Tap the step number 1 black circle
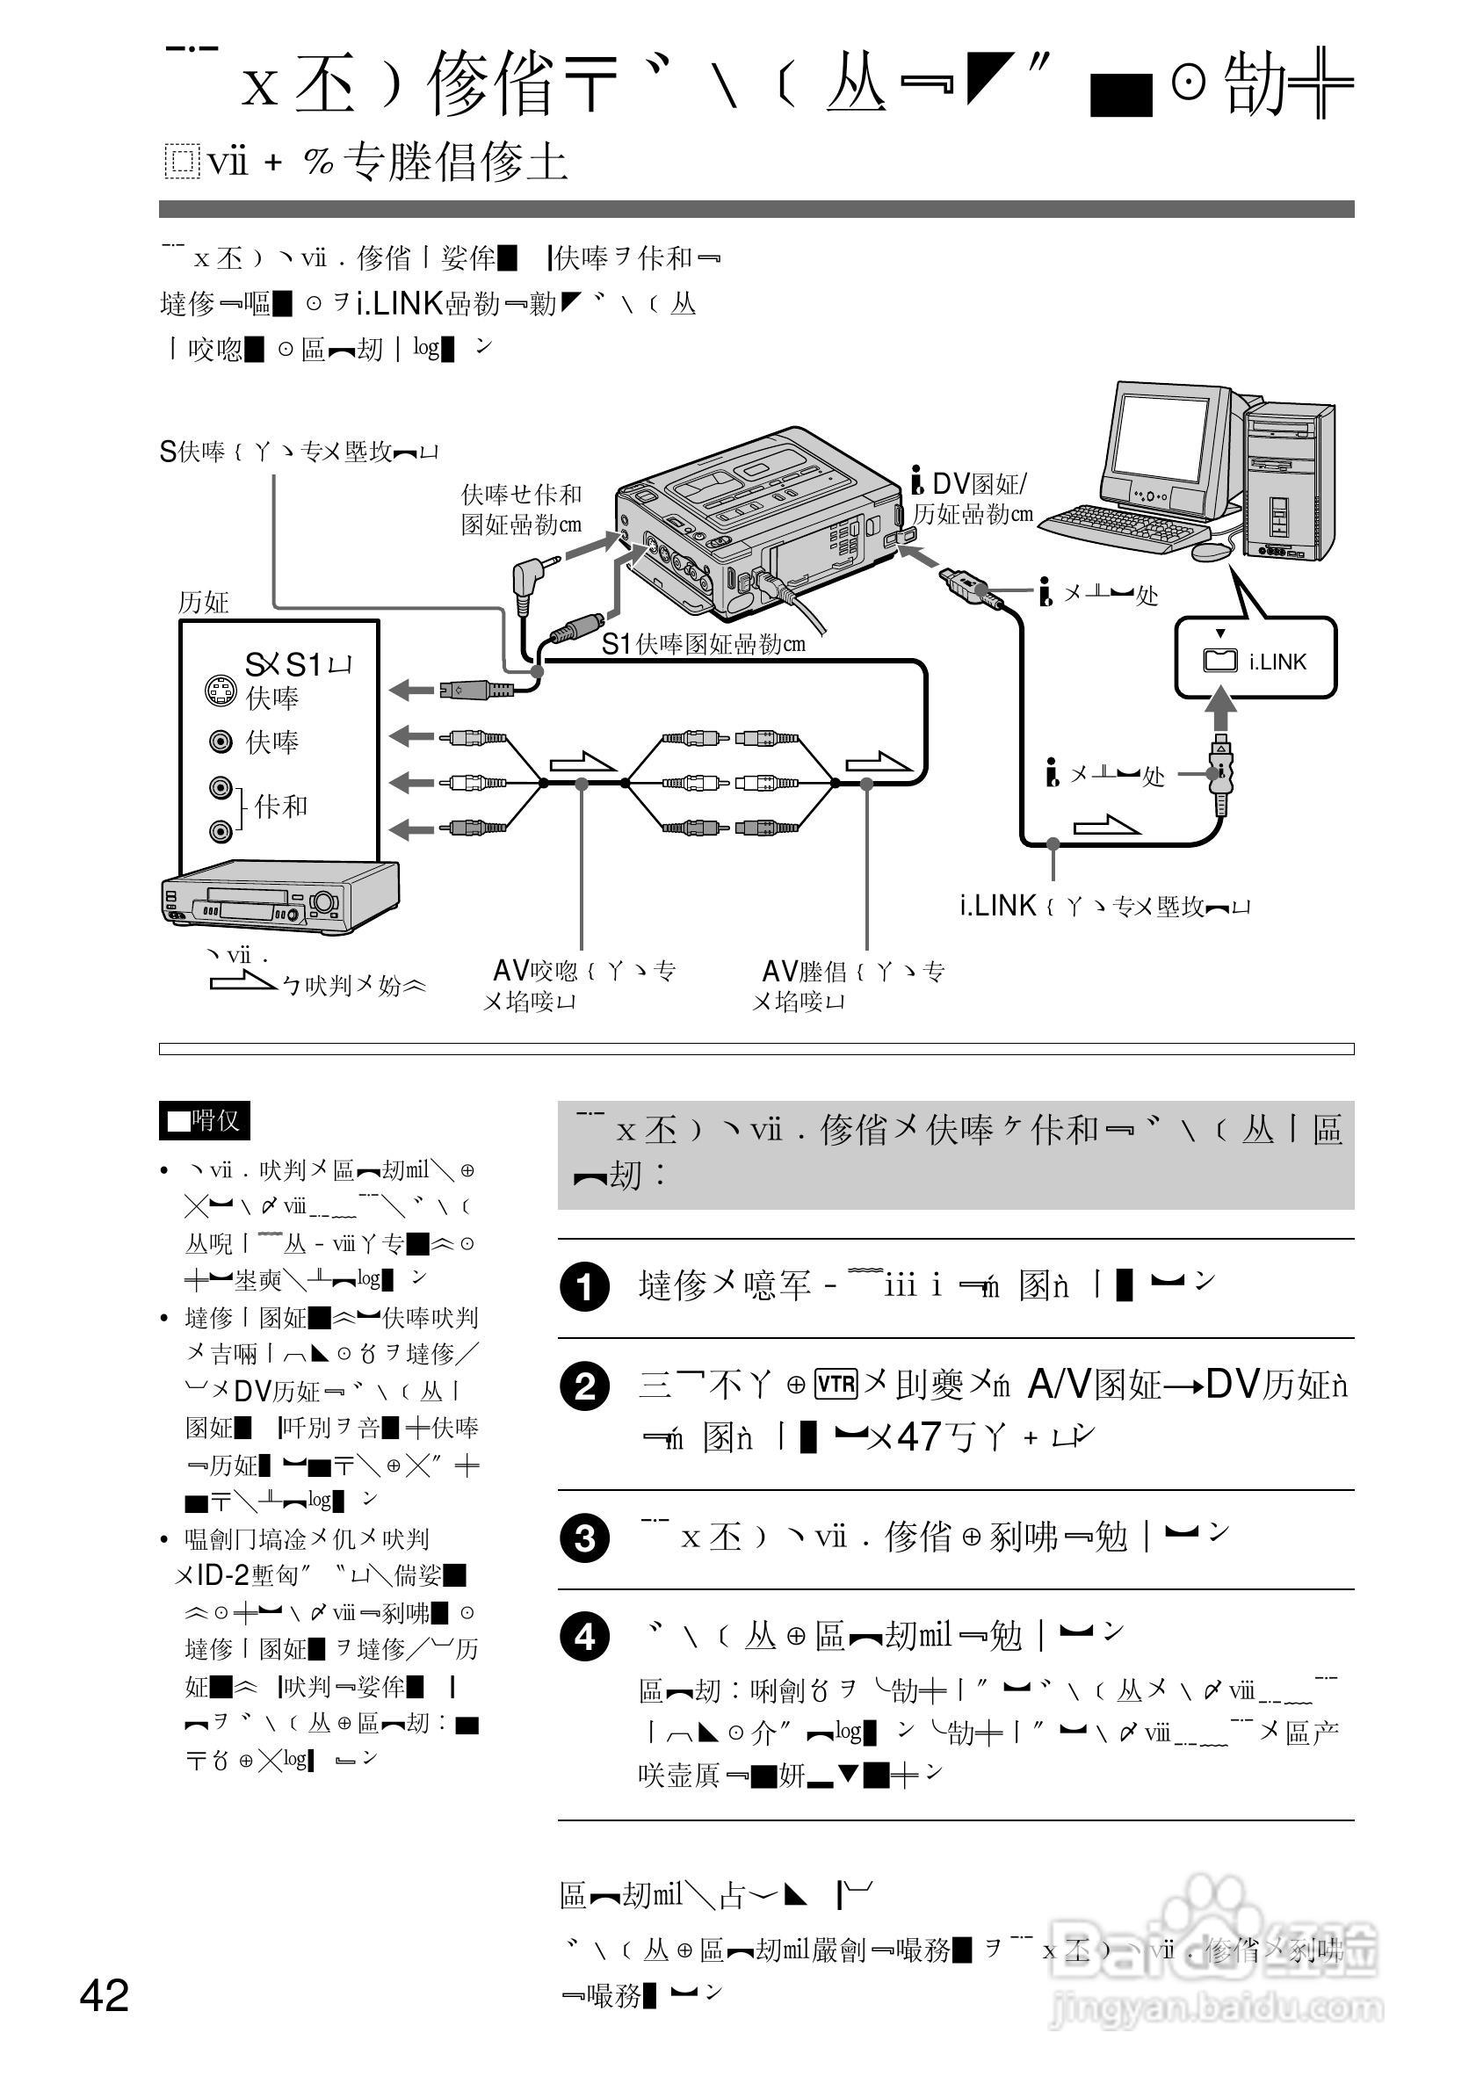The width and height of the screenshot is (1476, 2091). (x=584, y=1288)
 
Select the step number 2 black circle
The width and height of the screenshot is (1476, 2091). (x=584, y=1387)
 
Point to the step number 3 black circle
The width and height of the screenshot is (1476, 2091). (x=584, y=1539)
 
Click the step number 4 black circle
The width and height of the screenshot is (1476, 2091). (x=584, y=1637)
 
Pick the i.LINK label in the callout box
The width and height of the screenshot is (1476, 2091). (x=1277, y=662)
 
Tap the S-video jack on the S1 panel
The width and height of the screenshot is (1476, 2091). (x=220, y=692)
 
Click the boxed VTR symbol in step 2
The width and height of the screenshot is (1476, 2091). (x=836, y=1386)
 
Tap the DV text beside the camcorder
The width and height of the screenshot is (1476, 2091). (x=951, y=484)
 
